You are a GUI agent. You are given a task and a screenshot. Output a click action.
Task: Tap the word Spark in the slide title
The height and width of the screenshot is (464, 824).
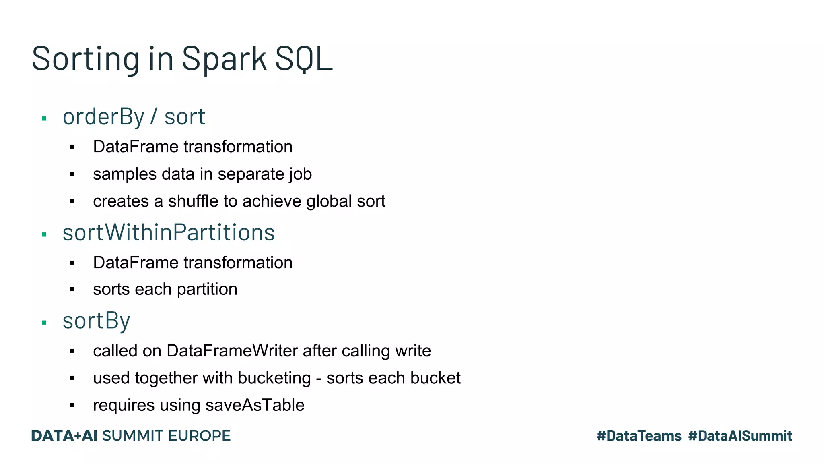coord(224,59)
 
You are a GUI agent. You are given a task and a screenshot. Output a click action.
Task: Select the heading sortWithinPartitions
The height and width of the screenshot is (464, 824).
coord(169,232)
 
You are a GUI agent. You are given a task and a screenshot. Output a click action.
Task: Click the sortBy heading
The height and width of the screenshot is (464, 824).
coord(96,321)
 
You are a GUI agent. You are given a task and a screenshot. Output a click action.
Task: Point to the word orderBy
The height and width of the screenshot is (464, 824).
coord(103,117)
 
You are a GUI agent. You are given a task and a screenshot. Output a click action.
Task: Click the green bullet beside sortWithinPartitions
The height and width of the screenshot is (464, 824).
coord(44,234)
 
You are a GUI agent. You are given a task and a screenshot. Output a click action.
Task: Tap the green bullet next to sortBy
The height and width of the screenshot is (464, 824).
coord(44,323)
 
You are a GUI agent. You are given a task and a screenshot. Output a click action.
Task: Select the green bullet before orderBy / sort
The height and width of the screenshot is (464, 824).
coord(44,119)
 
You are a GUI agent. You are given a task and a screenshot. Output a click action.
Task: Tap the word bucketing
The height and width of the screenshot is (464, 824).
coord(274,378)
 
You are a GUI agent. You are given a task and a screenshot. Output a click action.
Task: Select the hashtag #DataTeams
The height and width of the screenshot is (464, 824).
coord(639,436)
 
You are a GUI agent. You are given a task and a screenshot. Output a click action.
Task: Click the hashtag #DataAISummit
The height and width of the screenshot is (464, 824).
coord(740,436)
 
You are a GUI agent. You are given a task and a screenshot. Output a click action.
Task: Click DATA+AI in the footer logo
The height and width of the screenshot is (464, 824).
coord(64,436)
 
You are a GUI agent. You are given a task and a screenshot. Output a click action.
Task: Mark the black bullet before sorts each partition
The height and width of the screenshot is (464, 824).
coord(72,289)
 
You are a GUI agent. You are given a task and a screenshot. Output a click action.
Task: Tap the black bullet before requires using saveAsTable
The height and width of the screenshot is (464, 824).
coord(72,405)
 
